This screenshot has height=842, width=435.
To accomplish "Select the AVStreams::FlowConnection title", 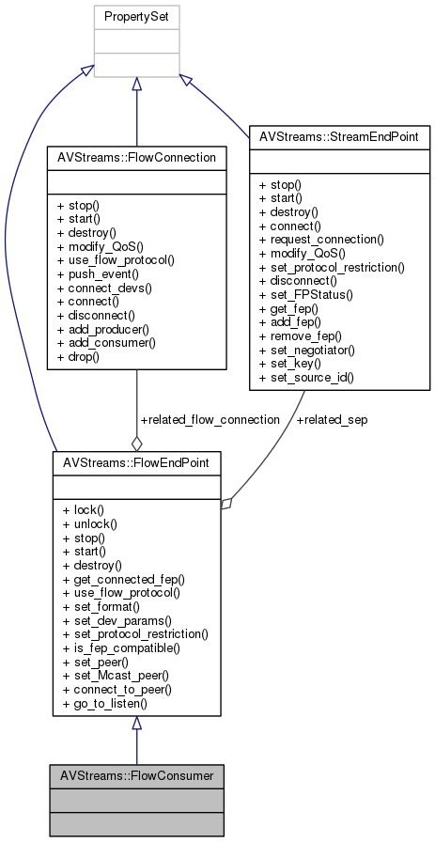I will [137, 156].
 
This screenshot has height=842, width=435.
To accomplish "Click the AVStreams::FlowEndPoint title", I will [136, 463].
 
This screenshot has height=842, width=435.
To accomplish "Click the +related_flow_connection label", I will [210, 419].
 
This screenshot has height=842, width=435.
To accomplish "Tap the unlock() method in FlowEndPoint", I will [86, 523].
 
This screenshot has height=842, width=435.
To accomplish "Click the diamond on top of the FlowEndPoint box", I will [137, 443].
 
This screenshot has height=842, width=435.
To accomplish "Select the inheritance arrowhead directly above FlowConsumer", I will [137, 725].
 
